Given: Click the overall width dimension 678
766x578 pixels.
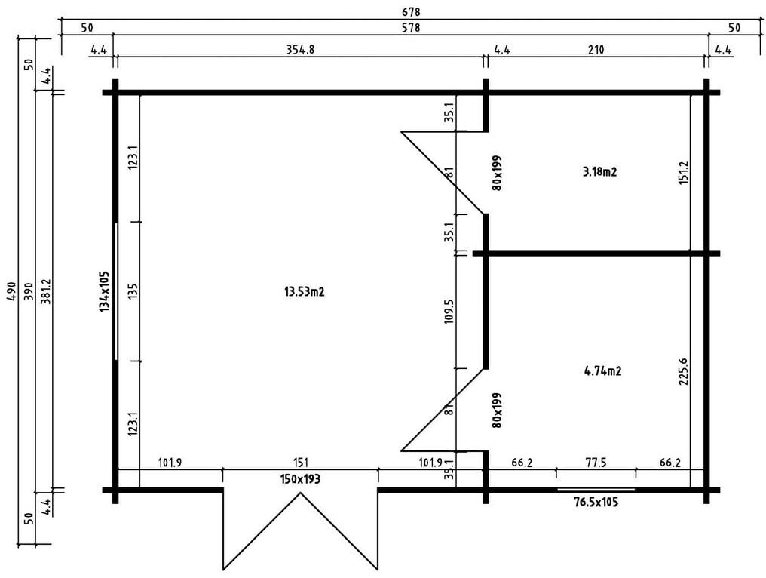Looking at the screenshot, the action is pyautogui.click(x=411, y=12).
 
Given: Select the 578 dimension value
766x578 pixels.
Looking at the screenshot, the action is pyautogui.click(x=411, y=28).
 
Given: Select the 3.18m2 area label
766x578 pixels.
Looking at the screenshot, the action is pyautogui.click(x=600, y=171).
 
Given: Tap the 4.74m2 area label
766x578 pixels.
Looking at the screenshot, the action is pyautogui.click(x=602, y=370).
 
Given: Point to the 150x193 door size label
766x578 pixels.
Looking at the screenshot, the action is pyautogui.click(x=300, y=479).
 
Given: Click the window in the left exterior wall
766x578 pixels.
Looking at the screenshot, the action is pyautogui.click(x=115, y=291).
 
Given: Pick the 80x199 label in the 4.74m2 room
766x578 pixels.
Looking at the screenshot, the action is pyautogui.click(x=497, y=410).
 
